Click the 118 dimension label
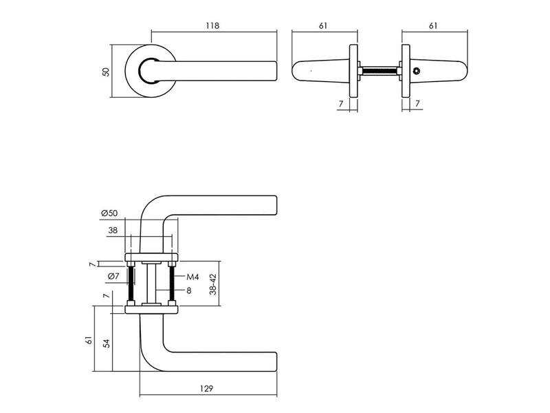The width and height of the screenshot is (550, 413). [212, 25]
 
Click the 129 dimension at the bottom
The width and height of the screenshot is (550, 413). [207, 389]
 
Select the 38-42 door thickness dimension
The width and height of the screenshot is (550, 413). [213, 284]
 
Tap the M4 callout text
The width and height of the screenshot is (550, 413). [192, 277]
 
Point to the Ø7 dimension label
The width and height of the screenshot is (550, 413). [113, 277]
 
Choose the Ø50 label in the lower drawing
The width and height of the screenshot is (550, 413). [109, 213]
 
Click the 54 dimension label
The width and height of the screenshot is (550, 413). [107, 343]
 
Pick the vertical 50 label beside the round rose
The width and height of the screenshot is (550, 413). [106, 72]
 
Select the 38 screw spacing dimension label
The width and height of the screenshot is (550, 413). [113, 231]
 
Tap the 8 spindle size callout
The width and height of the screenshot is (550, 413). [189, 290]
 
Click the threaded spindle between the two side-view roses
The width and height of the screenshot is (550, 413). [379, 71]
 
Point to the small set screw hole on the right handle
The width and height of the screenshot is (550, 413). [416, 72]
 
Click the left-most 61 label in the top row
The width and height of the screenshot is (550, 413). [323, 25]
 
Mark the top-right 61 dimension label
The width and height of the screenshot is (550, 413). [433, 25]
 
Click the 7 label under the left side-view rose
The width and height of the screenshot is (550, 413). [340, 104]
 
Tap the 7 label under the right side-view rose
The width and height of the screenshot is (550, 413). [417, 104]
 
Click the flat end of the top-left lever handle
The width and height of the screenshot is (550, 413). [277, 72]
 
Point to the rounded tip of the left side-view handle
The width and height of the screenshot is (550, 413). [293, 72]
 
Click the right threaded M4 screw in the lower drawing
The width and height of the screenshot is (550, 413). [172, 284]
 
